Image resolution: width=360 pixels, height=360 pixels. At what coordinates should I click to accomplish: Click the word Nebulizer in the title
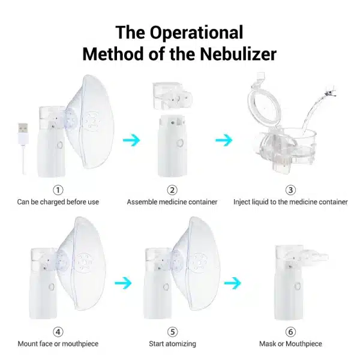tap(237, 54)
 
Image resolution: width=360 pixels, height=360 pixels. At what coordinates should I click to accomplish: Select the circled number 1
tap(58, 190)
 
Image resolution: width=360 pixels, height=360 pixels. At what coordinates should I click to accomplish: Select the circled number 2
tap(172, 190)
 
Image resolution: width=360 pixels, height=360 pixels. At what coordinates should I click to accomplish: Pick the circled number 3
tap(290, 190)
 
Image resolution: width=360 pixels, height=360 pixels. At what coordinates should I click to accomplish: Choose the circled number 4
tap(58, 331)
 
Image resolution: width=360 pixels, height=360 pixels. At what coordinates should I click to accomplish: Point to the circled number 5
tap(172, 331)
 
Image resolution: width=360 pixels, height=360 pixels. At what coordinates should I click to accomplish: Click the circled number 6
tap(290, 331)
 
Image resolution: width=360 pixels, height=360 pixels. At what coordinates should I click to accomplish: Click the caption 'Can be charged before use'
tap(58, 202)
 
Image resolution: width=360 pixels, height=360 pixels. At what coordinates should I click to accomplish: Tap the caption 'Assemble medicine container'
tap(172, 202)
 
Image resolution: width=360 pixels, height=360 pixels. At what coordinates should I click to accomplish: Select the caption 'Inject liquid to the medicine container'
tap(290, 202)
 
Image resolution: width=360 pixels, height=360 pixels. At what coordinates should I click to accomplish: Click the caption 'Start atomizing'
tap(172, 344)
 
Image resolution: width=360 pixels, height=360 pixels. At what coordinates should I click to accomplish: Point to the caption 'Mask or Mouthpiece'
tap(290, 344)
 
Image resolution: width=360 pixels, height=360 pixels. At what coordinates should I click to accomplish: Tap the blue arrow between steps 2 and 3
tap(224, 140)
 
